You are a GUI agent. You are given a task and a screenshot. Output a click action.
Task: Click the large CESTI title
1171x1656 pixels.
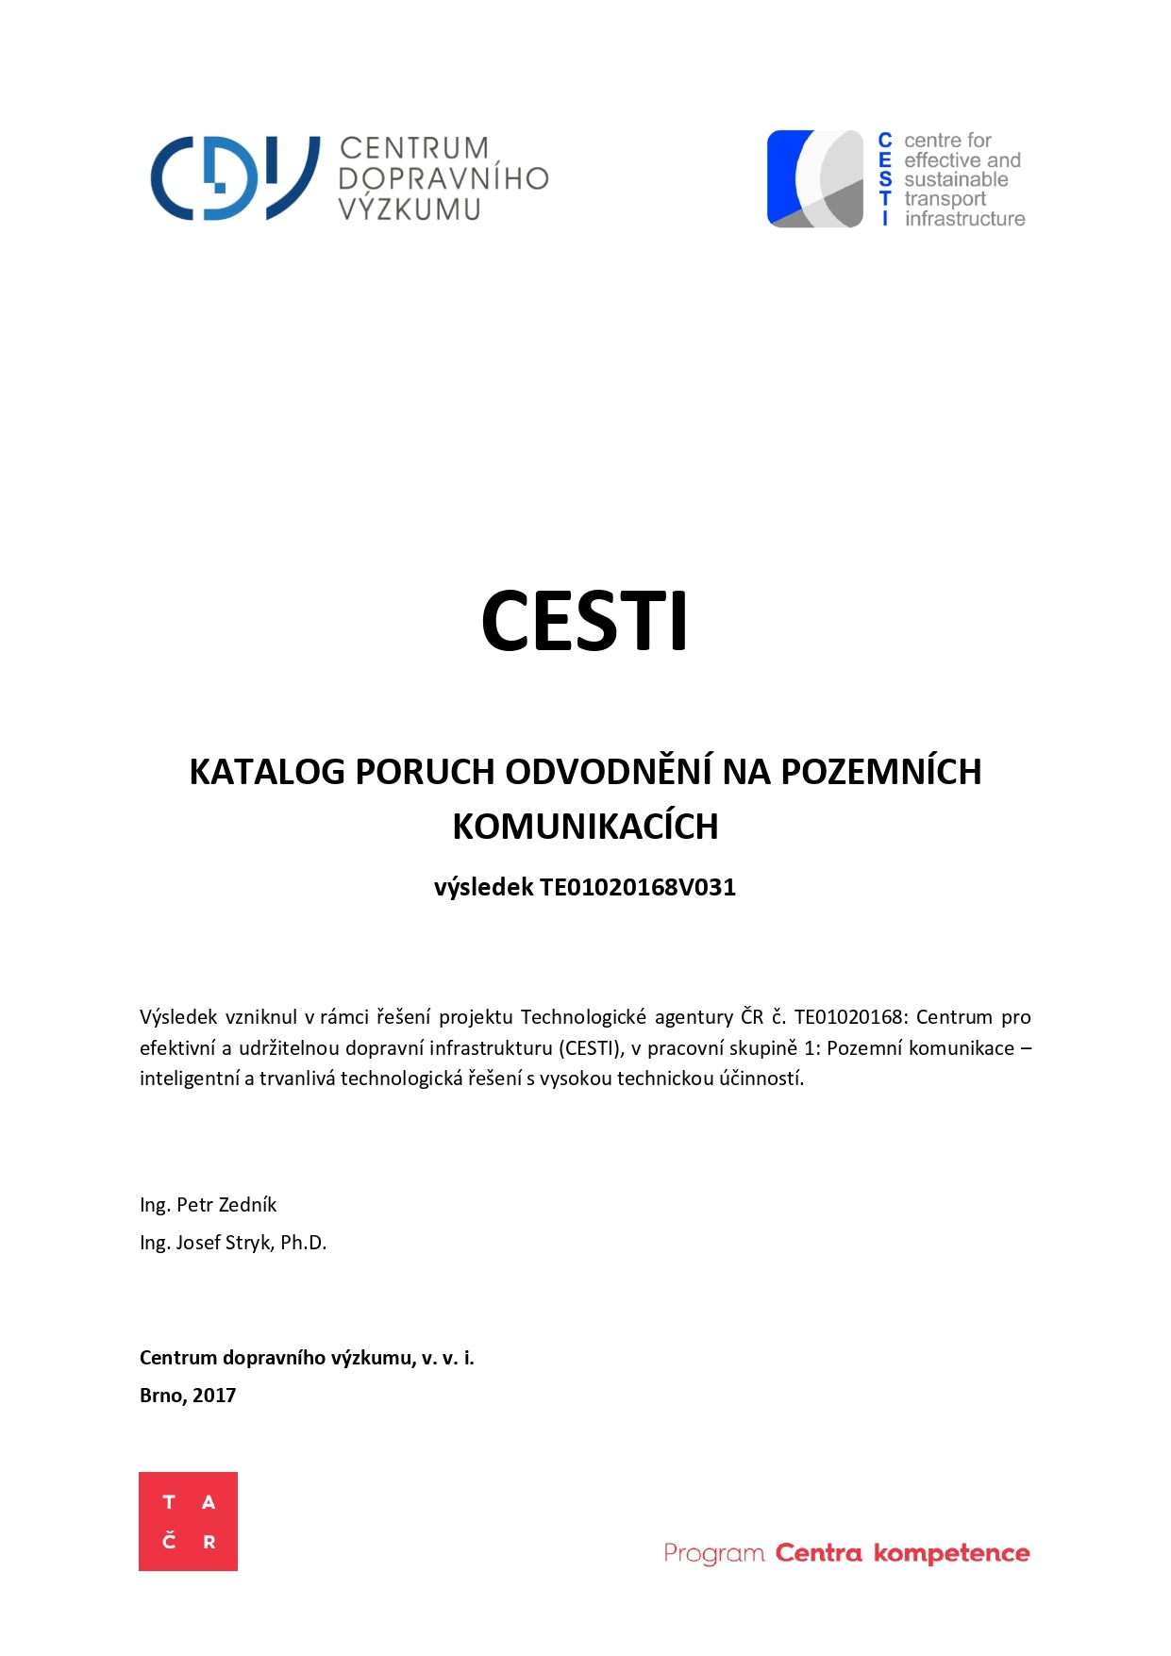(584, 621)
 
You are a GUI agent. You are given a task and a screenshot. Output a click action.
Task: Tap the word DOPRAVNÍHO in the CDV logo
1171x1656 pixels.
(443, 178)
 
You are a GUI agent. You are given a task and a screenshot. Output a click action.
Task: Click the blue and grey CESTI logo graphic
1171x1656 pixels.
(815, 179)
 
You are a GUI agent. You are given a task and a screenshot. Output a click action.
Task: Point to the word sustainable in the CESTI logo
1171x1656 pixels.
(956, 179)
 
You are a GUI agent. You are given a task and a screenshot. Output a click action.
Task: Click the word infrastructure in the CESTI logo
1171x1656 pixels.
(964, 219)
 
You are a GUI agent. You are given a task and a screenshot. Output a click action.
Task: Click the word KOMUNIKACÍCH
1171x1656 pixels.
(585, 827)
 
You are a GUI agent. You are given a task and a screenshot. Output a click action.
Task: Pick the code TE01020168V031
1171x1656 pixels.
(637, 887)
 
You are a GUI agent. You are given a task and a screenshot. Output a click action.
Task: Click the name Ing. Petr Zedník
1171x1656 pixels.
(208, 1205)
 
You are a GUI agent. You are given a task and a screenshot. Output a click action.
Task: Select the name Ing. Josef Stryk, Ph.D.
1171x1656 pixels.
(233, 1243)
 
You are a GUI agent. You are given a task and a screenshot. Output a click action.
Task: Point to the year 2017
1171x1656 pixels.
(214, 1396)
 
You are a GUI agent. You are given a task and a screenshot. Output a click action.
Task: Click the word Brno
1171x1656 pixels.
(161, 1396)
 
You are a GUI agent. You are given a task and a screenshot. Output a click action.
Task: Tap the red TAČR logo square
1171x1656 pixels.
(188, 1521)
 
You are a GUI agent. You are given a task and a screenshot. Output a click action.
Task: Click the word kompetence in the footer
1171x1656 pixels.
(951, 1553)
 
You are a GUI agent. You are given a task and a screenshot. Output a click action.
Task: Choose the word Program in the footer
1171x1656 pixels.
(713, 1553)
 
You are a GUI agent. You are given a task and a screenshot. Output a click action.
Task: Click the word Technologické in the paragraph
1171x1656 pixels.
(583, 1017)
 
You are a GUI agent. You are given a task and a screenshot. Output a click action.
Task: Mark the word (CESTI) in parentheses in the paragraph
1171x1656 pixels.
(591, 1048)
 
